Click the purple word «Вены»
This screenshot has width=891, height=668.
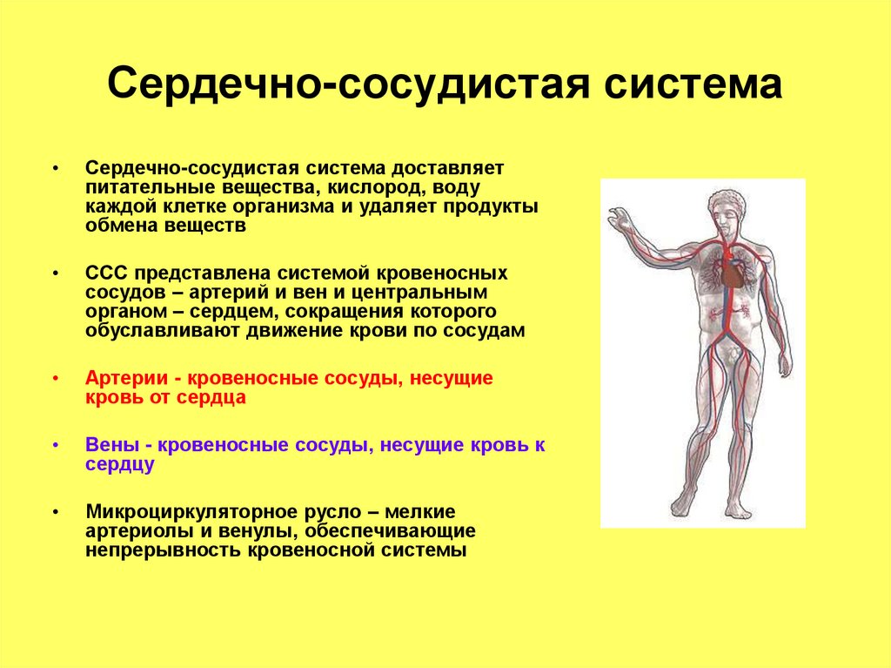point(110,444)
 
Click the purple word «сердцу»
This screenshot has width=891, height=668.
point(120,464)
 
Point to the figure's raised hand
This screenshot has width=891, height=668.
point(620,217)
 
